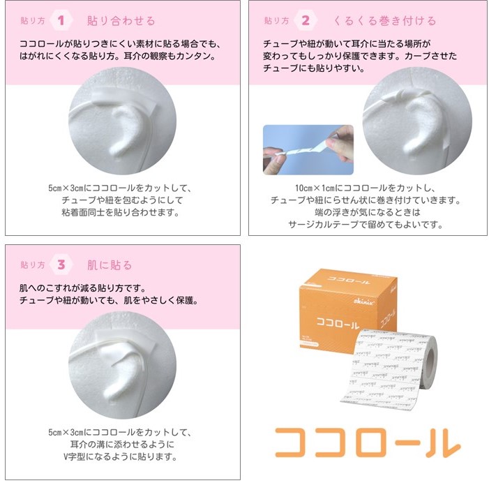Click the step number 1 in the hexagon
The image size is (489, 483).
click(x=61, y=21)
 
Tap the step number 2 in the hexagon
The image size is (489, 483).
click(x=306, y=21)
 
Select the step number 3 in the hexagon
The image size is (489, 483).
click(x=61, y=265)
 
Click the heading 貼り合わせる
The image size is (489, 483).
click(x=121, y=21)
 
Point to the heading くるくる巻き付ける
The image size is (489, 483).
click(x=384, y=21)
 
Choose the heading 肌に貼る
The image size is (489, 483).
click(x=110, y=265)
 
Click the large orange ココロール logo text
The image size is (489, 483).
click(x=368, y=443)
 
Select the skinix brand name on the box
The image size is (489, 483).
click(x=364, y=301)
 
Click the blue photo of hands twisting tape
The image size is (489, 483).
click(x=308, y=150)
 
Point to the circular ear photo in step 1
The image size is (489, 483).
click(x=122, y=121)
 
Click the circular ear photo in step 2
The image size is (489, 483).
click(x=417, y=121)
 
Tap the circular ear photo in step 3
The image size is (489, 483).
click(x=122, y=365)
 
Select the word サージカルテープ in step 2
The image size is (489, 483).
click(x=324, y=224)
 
